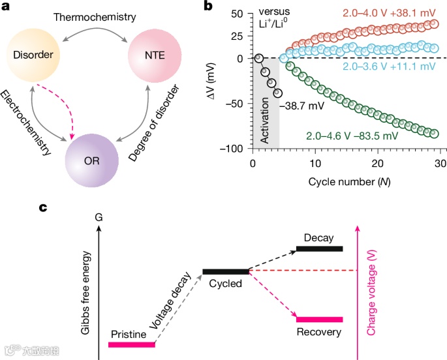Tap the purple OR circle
(x=92, y=160)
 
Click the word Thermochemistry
(x=95, y=16)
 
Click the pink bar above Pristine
(x=132, y=344)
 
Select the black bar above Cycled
(x=226, y=271)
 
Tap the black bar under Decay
(x=319, y=248)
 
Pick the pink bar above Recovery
(x=319, y=319)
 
